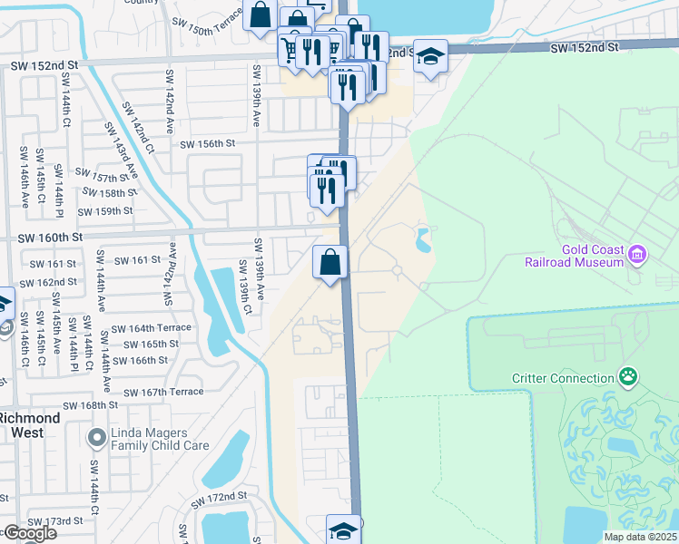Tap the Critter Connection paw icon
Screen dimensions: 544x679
627,375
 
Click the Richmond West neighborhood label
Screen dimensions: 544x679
30,424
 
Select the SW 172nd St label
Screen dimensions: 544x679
219,497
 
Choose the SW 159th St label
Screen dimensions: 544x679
105,211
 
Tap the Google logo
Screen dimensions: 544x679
29,533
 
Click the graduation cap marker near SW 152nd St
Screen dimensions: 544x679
430,57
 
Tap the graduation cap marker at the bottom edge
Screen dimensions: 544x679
344,530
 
